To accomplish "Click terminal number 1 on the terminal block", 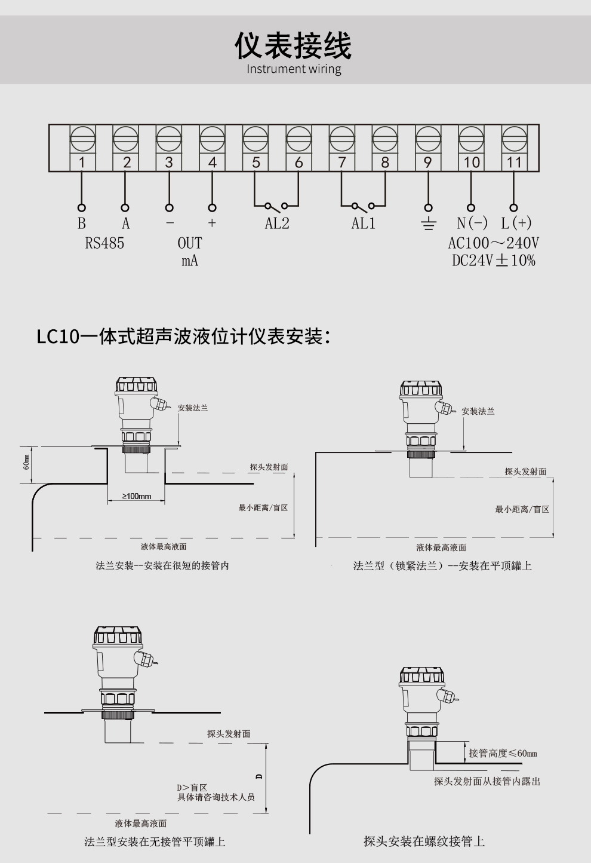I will point(82,162).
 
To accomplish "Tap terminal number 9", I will point(427,162).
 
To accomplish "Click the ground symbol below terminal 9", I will point(428,224).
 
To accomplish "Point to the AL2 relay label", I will point(277,224).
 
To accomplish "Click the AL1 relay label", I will point(363,224).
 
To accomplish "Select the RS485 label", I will point(104,243).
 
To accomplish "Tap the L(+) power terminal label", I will point(516,223).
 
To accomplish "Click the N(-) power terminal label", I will point(472,223).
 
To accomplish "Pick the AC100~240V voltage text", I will point(493,243).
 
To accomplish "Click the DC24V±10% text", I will point(493,261).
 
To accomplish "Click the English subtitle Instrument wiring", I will point(294,69).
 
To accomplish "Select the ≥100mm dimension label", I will point(137,496).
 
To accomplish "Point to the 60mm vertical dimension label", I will point(26,462).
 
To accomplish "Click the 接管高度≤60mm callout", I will point(502,753).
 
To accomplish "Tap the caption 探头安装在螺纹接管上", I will point(424,841).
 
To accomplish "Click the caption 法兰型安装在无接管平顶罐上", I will point(155,841).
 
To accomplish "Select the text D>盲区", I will point(192,788).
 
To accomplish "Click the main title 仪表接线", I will point(293,45).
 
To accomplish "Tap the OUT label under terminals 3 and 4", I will point(190,243).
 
